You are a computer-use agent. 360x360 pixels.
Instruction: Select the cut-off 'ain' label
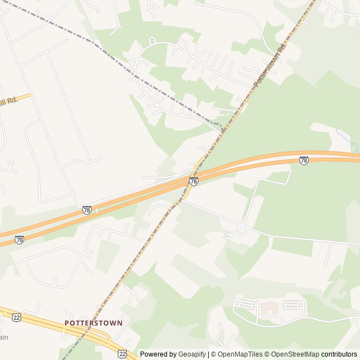(x=4, y=337)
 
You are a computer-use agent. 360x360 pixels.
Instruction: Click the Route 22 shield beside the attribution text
(x=122, y=353)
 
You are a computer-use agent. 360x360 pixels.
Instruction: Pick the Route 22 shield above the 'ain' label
(x=16, y=317)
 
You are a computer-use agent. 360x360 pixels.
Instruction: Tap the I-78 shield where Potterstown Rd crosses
(x=193, y=181)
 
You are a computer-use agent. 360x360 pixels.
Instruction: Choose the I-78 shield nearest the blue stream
(x=304, y=160)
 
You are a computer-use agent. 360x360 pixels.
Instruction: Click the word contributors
(x=339, y=354)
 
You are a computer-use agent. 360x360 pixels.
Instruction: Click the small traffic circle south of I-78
(x=242, y=229)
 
